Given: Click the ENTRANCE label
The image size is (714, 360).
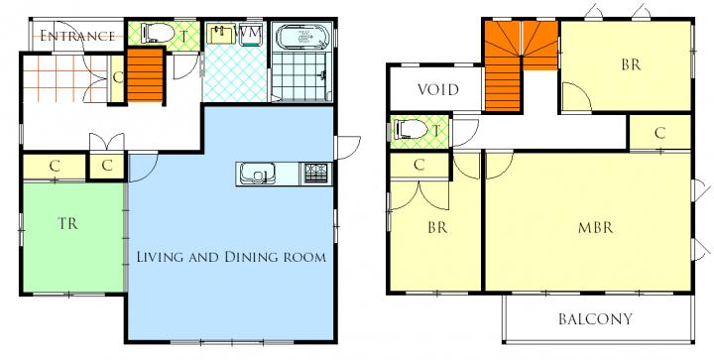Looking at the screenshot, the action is tap(77, 36).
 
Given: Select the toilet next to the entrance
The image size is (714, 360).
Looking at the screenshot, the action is tap(158, 33).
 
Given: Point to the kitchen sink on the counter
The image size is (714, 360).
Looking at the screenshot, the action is tap(257, 173).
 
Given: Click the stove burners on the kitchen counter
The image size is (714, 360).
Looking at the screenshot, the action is tap(315, 173).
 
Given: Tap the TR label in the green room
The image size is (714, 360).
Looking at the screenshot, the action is tap(67, 223).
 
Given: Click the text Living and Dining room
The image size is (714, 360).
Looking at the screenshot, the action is tap(231, 257).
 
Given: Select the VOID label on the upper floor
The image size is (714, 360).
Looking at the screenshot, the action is tap(438, 89).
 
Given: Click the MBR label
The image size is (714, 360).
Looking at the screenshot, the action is tap(596, 227).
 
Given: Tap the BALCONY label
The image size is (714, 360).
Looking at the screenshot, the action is tap(596, 319).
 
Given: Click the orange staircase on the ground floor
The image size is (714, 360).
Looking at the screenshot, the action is tap(145, 75).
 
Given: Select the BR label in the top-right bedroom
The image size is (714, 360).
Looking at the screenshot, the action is tap(631, 64).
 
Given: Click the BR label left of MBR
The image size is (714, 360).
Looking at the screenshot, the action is tap(437, 227).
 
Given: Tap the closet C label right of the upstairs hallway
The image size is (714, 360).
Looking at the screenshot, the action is tap(659, 133).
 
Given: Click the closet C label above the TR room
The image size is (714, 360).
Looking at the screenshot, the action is tap(55, 167).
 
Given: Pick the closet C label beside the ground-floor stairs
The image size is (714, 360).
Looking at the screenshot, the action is tap(117, 77).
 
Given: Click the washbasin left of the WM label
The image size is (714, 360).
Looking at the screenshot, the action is tap(221, 34).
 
